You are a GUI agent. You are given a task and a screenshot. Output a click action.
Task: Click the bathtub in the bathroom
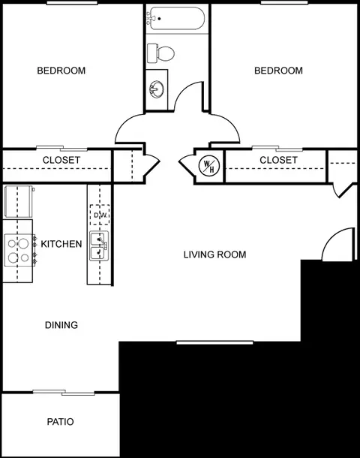click(x=177, y=18)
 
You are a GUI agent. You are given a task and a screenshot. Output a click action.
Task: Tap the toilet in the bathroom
click(x=160, y=53)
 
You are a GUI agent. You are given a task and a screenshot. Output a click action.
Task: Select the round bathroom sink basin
click(x=157, y=89)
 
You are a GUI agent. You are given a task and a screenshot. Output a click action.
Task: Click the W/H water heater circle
click(x=209, y=166)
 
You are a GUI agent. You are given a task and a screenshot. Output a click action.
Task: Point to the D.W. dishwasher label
click(x=100, y=215)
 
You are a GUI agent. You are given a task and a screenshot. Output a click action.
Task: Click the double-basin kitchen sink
click(x=99, y=246)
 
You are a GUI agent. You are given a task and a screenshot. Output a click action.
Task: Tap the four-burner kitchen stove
click(x=19, y=250)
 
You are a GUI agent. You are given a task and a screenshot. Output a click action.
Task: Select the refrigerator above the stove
click(x=19, y=201)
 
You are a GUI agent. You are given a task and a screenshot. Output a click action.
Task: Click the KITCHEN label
click(x=61, y=244)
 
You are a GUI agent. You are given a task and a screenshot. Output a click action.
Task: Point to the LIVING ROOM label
click(x=214, y=255)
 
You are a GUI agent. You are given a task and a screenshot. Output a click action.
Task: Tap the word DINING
click(x=61, y=325)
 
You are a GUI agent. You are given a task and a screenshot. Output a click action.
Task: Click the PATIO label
click(x=61, y=422)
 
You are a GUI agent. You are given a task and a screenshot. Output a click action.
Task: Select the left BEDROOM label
click(x=61, y=71)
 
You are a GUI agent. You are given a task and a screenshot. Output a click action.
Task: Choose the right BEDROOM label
click(x=278, y=71)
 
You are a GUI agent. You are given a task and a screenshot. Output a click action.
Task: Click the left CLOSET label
click(x=61, y=160)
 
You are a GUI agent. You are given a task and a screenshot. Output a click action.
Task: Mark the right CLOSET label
click(x=278, y=160)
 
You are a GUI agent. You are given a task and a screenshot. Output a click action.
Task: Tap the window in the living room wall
click(x=214, y=342)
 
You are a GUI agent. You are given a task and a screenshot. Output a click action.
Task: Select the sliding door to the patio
click(x=64, y=392)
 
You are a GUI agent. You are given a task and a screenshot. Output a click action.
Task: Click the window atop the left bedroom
click(x=72, y=3)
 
